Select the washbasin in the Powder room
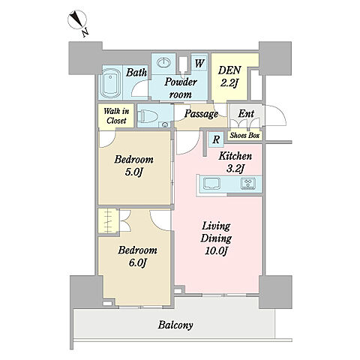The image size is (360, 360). click(164, 61)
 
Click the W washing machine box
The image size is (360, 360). click(199, 63)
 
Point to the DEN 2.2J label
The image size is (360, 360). click(229, 76)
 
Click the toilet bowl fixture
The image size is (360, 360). click(148, 116)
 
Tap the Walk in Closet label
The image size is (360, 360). click(116, 115)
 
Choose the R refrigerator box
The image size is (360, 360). click(216, 139)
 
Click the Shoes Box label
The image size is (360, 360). click(245, 136)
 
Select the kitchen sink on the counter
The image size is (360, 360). click(211, 184)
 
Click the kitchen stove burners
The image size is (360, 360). click(247, 183)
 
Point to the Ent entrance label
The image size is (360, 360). click(246, 114)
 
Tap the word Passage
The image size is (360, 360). click(201, 114)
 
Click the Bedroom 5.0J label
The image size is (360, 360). click(133, 166)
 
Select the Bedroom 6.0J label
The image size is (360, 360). click(137, 256)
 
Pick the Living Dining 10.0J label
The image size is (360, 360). click(216, 238)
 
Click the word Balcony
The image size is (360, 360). click(175, 325)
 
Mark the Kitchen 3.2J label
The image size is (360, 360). click(235, 162)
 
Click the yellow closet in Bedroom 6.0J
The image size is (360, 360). click(108, 221)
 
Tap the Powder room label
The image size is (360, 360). click(181, 88)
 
